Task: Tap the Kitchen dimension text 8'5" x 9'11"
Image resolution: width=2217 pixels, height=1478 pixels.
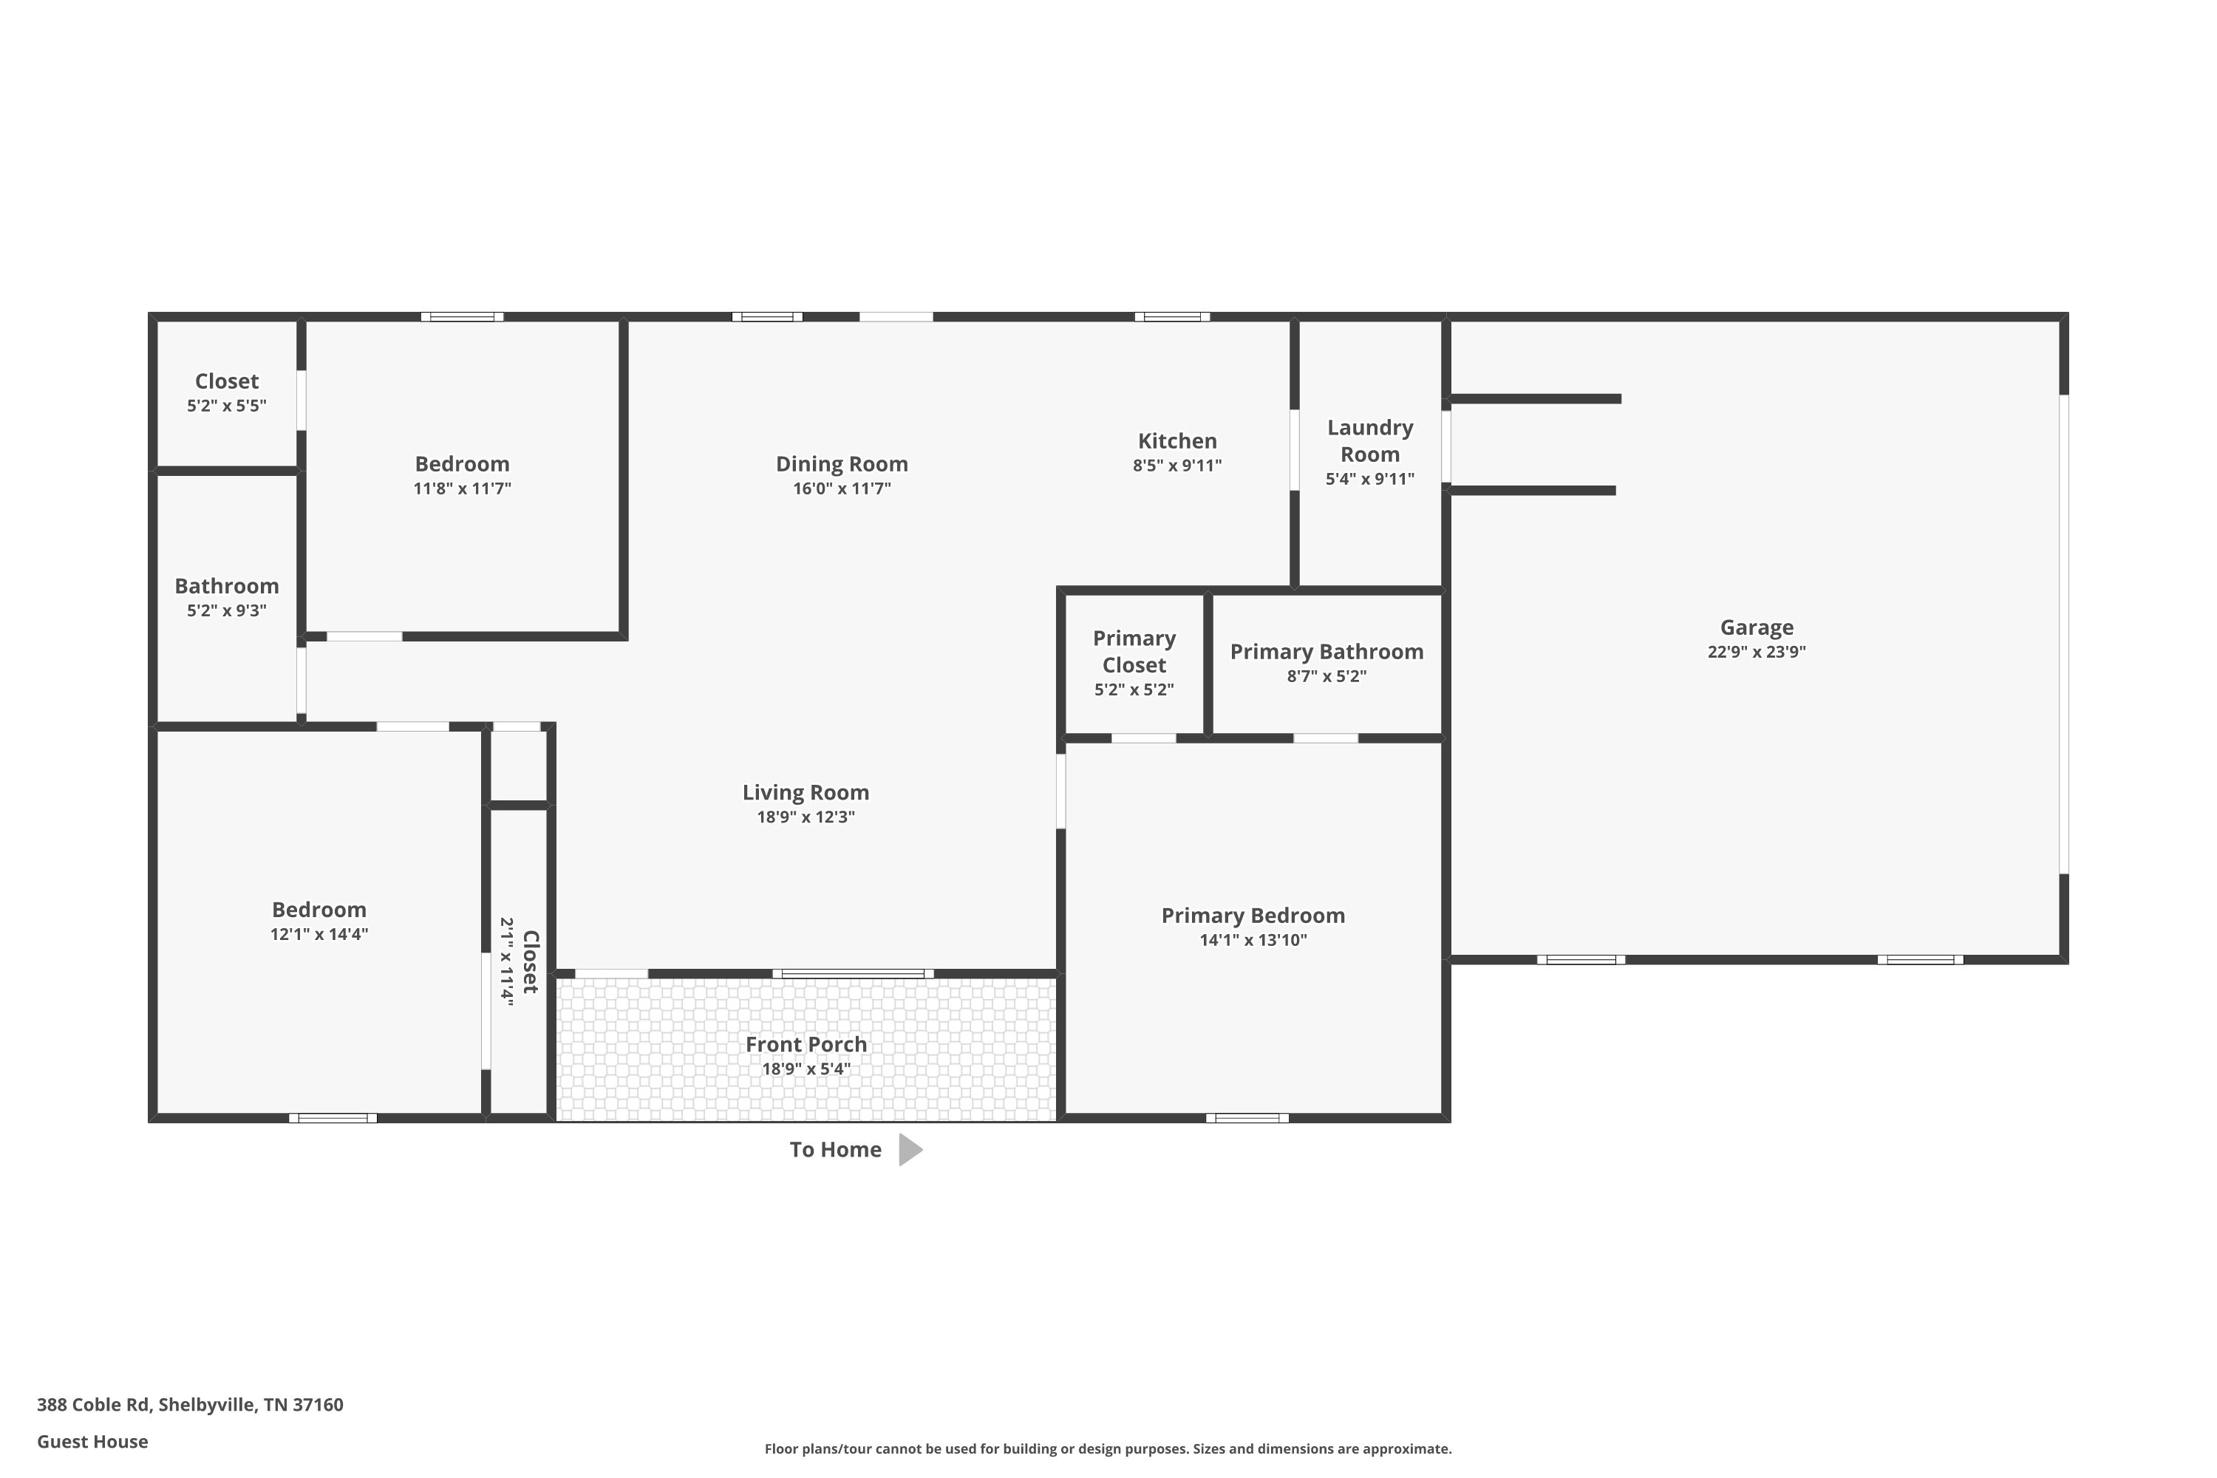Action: pos(1177,466)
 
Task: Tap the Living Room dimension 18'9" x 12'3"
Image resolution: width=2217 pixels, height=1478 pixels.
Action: pos(806,817)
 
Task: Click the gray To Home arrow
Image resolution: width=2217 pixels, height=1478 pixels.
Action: pos(910,1150)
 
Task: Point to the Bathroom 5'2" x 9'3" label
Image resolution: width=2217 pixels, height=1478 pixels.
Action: pos(227,598)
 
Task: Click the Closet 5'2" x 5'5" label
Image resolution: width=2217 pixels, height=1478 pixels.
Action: pos(227,393)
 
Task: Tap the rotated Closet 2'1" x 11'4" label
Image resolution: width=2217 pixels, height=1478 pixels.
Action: pos(520,961)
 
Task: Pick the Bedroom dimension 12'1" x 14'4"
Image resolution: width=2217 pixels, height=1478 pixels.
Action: pos(319,934)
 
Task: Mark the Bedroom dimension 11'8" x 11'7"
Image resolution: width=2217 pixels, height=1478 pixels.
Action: pos(462,488)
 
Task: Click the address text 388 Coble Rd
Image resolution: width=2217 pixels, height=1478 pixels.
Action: pos(93,1405)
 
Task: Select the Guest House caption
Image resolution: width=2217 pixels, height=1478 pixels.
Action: pos(92,1441)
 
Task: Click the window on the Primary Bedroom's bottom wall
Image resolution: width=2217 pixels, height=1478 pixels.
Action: pos(1247,1118)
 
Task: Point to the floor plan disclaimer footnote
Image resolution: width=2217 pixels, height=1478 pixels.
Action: pos(1108,1448)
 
